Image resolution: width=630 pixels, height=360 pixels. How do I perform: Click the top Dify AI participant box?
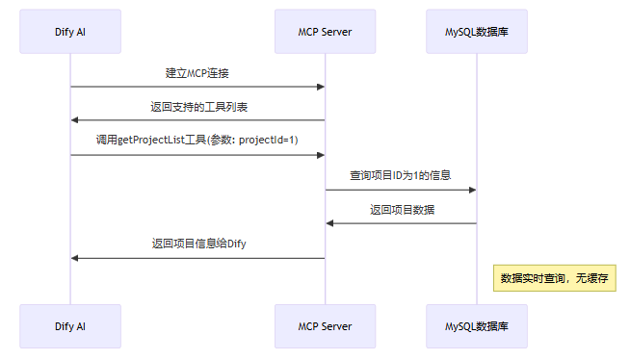70,32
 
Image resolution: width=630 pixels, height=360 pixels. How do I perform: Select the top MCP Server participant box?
325,32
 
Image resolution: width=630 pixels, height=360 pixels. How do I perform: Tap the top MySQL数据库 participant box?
477,32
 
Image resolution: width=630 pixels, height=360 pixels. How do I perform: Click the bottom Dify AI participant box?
70,326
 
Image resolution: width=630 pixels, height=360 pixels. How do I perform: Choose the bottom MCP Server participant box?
325,326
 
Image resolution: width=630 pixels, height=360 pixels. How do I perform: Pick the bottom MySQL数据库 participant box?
477,326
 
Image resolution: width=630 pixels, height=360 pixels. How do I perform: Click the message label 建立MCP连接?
197,73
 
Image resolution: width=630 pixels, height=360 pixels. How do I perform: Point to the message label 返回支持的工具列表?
197,107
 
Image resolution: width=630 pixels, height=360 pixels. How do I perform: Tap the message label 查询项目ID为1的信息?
401,176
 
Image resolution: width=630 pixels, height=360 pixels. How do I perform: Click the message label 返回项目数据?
401,210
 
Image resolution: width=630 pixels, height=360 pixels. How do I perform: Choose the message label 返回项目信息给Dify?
197,244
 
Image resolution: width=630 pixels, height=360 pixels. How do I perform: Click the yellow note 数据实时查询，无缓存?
554,278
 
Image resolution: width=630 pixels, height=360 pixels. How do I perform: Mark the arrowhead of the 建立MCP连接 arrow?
320,87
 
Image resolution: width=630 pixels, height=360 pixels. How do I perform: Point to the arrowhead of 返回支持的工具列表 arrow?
75,121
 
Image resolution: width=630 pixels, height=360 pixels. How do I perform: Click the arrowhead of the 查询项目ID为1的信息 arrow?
472,190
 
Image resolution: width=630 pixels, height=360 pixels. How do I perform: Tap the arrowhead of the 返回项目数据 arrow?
329,223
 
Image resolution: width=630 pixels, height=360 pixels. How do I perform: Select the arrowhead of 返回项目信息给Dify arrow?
75,258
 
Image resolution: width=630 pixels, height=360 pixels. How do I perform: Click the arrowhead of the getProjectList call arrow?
320,155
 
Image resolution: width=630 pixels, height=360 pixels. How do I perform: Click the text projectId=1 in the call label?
267,141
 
